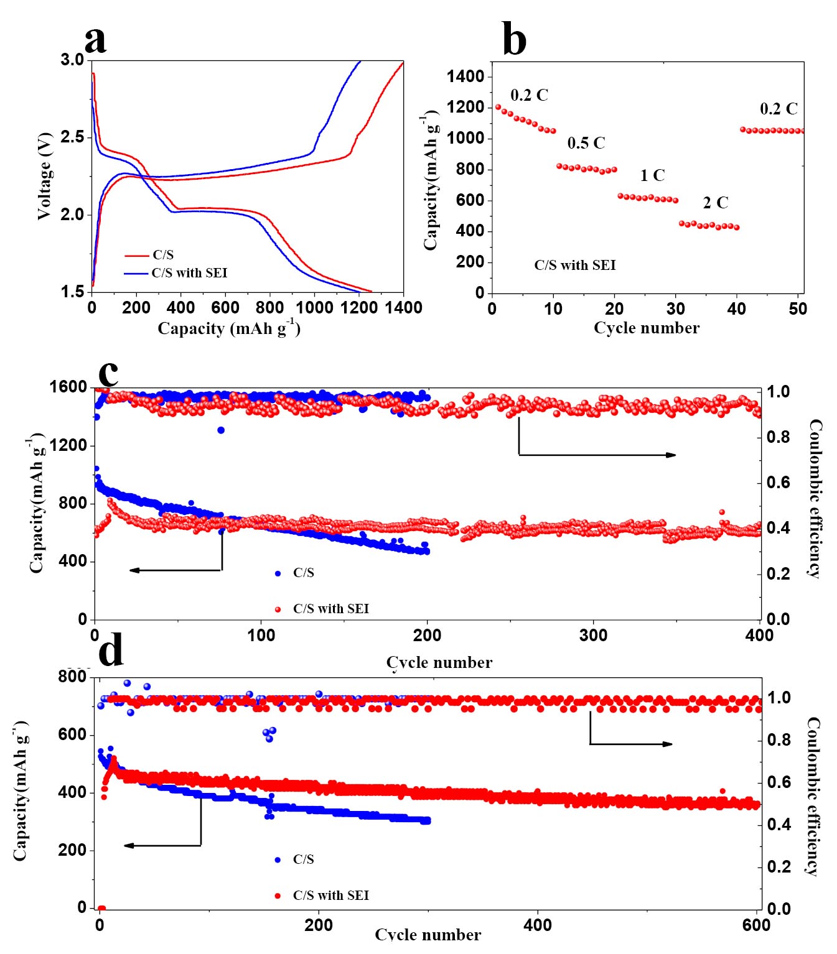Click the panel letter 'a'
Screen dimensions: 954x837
(x=95, y=40)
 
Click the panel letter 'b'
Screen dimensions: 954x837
(x=514, y=39)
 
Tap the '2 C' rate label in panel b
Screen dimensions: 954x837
(x=715, y=203)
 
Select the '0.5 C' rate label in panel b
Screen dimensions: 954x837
(x=586, y=143)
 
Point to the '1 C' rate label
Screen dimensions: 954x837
(x=652, y=175)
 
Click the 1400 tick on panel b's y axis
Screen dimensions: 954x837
(x=465, y=76)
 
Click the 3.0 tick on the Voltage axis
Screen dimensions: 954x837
(x=72, y=60)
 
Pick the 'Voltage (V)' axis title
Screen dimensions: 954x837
(x=44, y=175)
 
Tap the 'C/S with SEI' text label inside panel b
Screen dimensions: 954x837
(x=574, y=266)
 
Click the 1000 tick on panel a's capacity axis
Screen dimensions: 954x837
(x=314, y=307)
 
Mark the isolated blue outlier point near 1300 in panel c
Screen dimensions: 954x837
(x=221, y=430)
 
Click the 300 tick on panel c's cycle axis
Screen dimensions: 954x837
(x=593, y=635)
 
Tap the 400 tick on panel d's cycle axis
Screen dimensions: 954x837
(x=538, y=925)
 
